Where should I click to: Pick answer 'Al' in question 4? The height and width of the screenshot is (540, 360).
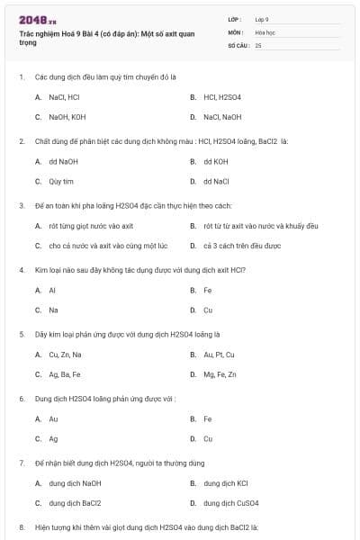coord(52,291)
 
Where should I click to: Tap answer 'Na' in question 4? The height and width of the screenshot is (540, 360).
coord(53,310)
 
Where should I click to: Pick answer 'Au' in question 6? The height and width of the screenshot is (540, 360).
coord(53,419)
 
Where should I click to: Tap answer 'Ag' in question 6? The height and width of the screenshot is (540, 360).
coord(53,439)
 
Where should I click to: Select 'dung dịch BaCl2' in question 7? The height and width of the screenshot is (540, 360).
coord(75,503)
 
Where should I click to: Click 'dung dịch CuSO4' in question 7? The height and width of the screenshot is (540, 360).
coord(231,503)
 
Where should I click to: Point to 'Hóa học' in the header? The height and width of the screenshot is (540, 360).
coord(265,31)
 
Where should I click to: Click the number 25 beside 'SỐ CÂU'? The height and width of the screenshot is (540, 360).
coord(258,45)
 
